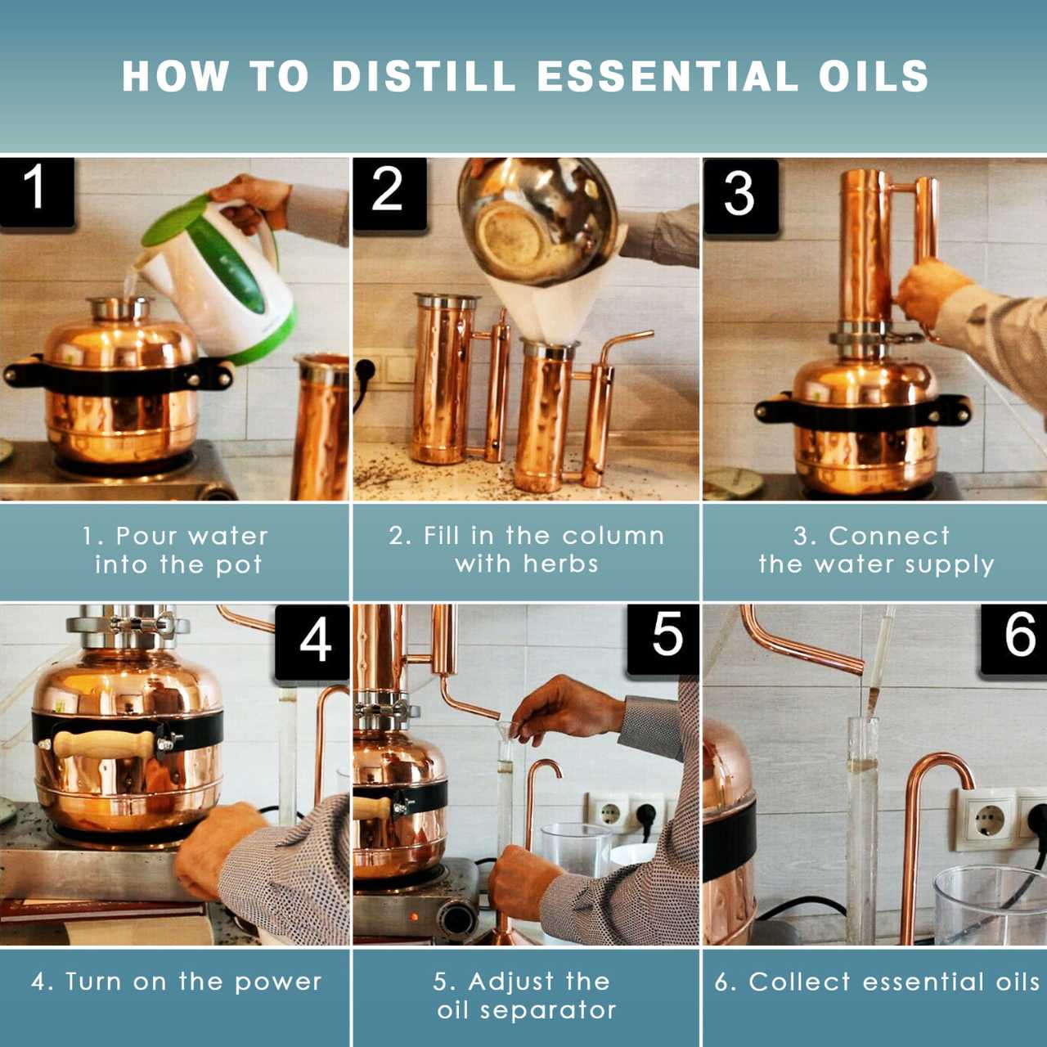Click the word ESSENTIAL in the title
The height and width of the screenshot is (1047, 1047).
pos(667,76)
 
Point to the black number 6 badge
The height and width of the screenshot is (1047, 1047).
pos(1017,636)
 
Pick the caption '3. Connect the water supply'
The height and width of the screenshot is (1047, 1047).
pos(874,550)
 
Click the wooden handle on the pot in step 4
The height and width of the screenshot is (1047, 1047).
pos(103,745)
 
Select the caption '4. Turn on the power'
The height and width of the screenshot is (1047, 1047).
pos(177,982)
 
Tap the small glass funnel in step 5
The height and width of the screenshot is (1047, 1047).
pos(504,730)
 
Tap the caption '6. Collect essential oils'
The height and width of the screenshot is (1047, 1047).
pos(877,982)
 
